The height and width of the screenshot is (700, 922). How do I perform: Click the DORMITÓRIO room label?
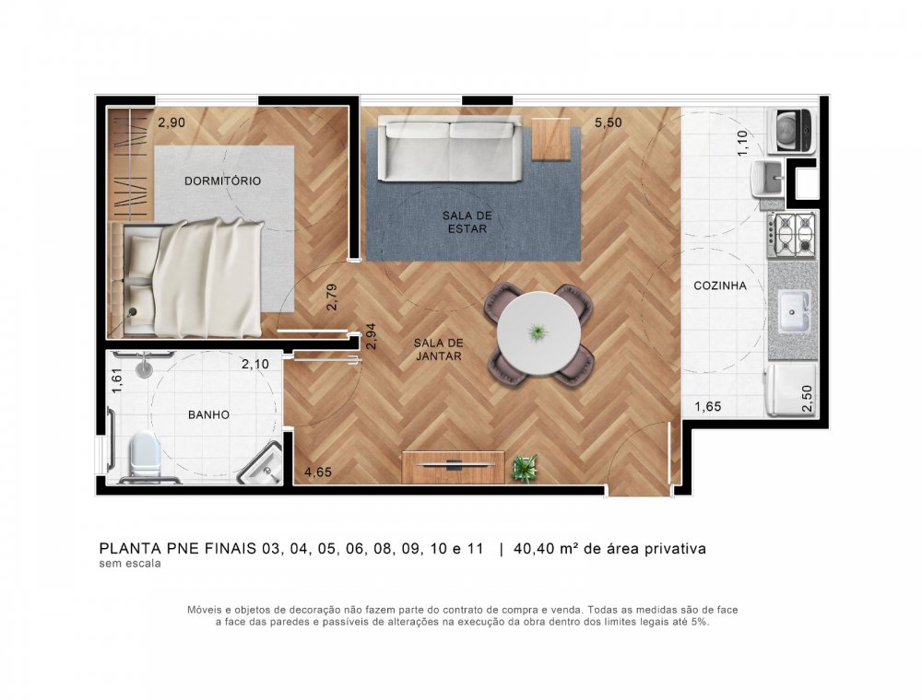[222, 181]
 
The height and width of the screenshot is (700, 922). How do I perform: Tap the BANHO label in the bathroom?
[208, 415]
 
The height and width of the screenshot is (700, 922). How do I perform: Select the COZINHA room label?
[720, 286]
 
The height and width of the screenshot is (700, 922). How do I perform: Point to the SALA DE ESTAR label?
[467, 222]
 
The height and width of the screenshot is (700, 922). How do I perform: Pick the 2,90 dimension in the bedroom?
[172, 122]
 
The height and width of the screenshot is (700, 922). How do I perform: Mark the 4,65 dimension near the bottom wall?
[319, 473]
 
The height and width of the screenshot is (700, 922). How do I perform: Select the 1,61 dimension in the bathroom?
[116, 380]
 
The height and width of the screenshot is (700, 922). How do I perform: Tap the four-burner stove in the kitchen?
[793, 234]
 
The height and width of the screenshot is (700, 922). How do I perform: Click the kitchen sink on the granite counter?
[793, 311]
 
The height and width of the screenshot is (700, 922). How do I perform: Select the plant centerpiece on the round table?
[537, 331]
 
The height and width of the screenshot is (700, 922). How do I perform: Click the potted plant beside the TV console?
[524, 468]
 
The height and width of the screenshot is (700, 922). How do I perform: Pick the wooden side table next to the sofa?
[551, 139]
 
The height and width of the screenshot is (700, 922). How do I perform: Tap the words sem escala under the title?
[130, 565]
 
